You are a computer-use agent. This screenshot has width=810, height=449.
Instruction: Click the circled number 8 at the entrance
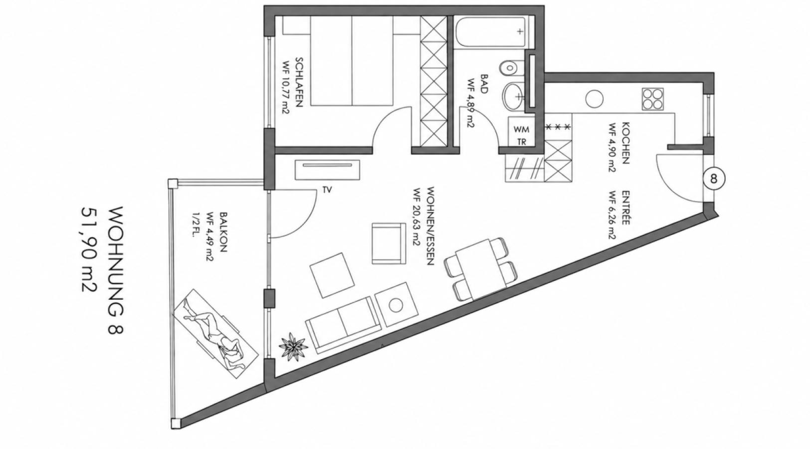coord(713,179)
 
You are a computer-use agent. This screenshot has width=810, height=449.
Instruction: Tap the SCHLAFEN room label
coord(299,82)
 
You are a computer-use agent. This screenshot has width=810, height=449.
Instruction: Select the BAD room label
coord(484,84)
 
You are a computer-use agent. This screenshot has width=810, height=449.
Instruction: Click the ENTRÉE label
coord(626,208)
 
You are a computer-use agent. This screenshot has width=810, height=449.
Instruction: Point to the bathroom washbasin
coord(513,97)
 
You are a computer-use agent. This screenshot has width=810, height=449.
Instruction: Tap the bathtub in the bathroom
coord(491,31)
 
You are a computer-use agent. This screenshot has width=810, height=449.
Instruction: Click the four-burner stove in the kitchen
coord(653,99)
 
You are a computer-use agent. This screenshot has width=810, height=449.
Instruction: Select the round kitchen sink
coord(595,99)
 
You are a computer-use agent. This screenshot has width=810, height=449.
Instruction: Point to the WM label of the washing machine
coord(521,129)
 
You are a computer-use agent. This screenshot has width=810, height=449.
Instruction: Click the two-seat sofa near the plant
coord(343,325)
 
